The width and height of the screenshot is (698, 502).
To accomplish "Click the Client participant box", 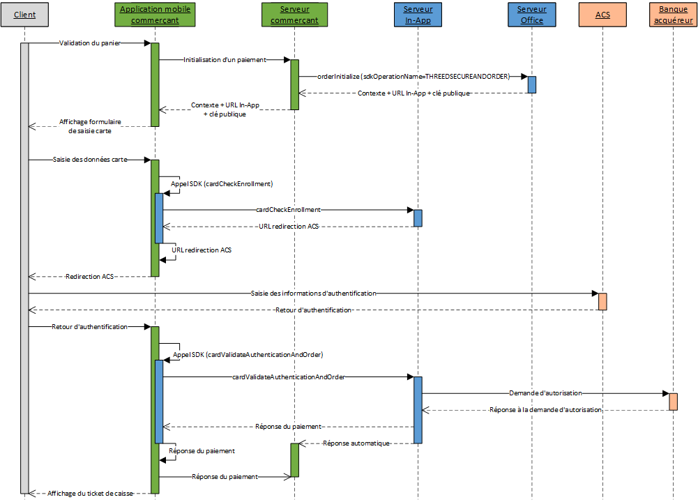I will tap(24, 15).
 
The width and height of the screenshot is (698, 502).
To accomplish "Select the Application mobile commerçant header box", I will tap(155, 15).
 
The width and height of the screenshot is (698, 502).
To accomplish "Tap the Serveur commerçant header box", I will tap(294, 15).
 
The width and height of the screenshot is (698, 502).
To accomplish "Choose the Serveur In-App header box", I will tap(418, 15).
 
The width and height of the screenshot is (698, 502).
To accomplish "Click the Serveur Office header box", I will tap(532, 15).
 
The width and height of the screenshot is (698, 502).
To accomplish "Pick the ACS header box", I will tap(602, 15).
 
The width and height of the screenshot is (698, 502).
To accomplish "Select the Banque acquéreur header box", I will tap(673, 15).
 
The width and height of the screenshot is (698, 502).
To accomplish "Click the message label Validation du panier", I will tap(89, 43).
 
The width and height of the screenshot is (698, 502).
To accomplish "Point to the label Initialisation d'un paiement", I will tap(225, 60).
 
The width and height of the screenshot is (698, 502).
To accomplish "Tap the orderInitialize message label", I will tap(414, 77).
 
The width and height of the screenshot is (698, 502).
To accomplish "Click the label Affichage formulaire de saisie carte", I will tap(90, 126).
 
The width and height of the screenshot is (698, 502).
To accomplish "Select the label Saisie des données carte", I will tap(90, 160).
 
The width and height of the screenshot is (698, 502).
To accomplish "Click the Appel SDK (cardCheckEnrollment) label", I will tap(221, 184).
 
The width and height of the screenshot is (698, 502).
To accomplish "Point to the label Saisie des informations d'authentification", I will tap(312, 294).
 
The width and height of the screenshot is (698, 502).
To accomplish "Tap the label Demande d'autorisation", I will tap(545, 393).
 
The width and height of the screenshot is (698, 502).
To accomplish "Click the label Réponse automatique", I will tap(356, 443).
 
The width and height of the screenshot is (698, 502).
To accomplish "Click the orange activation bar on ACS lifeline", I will tap(602, 301).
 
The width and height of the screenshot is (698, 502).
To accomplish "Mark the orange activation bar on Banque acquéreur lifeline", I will tap(673, 402).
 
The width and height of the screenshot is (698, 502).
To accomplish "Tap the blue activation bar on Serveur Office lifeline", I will tap(532, 84).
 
